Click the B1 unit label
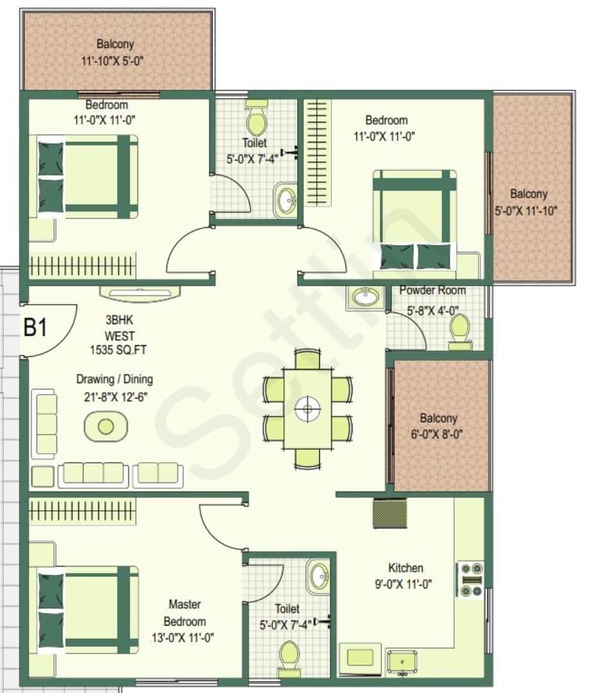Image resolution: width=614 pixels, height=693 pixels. pyautogui.click(x=35, y=328)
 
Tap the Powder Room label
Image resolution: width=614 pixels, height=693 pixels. pyautogui.click(x=432, y=291)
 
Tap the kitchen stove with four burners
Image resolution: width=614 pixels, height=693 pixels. pyautogui.click(x=471, y=580)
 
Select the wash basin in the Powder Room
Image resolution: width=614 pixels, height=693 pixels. pyautogui.click(x=367, y=298)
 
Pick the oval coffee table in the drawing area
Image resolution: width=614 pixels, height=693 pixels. pyautogui.click(x=106, y=426)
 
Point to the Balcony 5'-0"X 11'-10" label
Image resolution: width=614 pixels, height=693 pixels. pyautogui.click(x=529, y=201)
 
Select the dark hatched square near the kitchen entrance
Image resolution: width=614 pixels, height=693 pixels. pyautogui.click(x=390, y=513)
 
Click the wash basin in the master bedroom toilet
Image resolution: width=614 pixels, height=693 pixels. pyautogui.click(x=317, y=577)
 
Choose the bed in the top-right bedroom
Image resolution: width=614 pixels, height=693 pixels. pyautogui.click(x=415, y=219)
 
